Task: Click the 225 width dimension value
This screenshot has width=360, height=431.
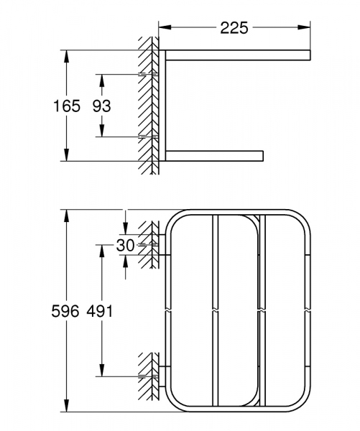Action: coord(234,28)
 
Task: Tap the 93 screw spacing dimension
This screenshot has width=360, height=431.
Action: coord(101,106)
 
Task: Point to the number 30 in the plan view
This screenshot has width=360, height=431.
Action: coord(125,245)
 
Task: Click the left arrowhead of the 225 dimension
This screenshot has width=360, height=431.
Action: coord(162,28)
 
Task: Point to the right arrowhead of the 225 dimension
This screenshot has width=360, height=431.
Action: coord(309,28)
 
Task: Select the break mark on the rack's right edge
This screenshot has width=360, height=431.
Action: coord(307,312)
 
